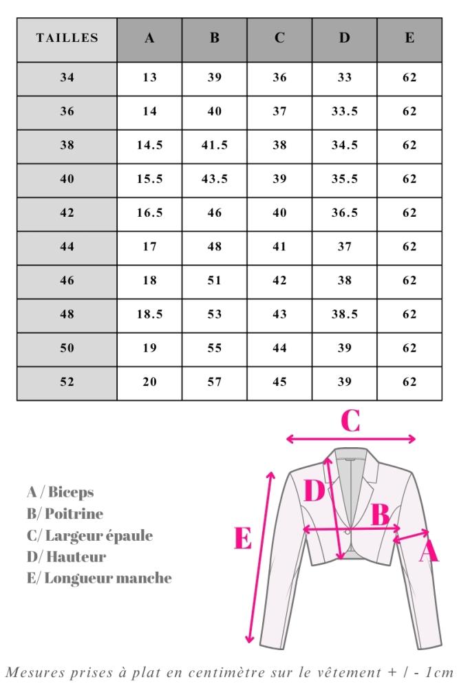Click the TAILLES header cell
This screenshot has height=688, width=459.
tap(67, 39)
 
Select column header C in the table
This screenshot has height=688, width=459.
tap(279, 39)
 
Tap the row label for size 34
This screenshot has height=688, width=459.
tap(67, 78)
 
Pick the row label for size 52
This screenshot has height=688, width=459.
tap(67, 382)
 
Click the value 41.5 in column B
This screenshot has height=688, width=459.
tap(215, 145)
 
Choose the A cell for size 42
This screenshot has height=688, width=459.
tap(149, 213)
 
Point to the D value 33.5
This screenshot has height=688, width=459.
tap(344, 111)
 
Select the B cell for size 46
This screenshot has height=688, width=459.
tap(215, 281)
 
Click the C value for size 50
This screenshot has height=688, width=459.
tap(279, 348)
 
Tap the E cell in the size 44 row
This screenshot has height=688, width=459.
tap(409, 247)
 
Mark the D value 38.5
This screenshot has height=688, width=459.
tap(344, 314)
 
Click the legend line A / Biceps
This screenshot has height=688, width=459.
tap(60, 493)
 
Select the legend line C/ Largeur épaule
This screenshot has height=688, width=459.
tap(89, 535)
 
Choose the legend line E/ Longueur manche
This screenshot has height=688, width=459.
tap(99, 578)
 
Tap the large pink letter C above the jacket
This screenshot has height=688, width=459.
tap(350, 422)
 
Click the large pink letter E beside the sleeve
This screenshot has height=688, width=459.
tap(242, 539)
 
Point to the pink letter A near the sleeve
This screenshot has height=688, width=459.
tap(428, 550)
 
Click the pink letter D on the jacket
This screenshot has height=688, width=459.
tap(314, 491)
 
